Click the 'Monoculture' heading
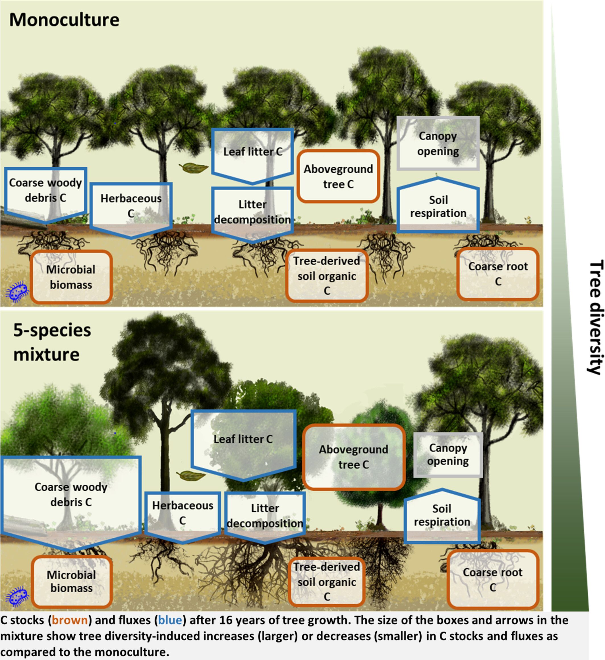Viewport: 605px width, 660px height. click(64, 20)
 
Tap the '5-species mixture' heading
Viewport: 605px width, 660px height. click(52, 342)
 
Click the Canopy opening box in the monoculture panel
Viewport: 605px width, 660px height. click(438, 143)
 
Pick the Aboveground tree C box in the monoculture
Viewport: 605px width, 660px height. click(338, 176)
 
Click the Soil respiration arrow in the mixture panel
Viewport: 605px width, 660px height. click(442, 516)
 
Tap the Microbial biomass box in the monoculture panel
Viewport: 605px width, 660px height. click(71, 277)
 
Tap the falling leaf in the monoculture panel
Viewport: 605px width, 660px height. click(193, 168)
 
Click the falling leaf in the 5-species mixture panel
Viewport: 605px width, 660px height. click(191, 475)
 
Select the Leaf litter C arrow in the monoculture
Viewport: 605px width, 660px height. click(252, 154)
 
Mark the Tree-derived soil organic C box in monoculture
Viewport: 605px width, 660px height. click(327, 275)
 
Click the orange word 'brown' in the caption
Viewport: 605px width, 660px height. click(69, 620)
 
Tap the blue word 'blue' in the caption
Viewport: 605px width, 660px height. click(170, 620)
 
